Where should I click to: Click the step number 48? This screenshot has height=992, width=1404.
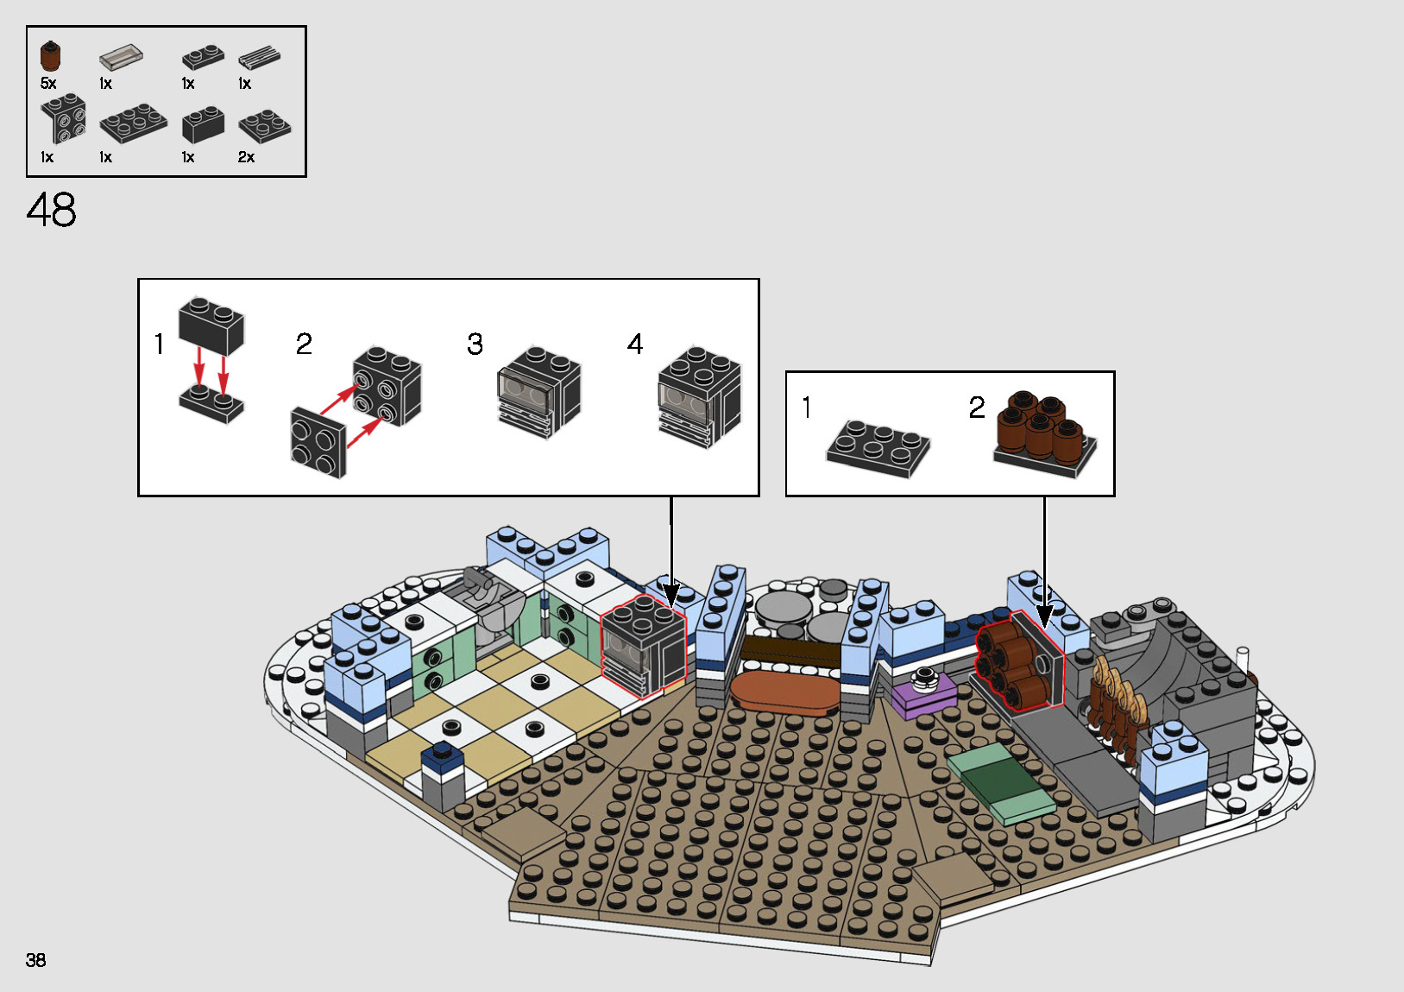52,210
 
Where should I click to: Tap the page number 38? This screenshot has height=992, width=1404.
35,960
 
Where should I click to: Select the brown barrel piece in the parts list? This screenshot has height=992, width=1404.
50,57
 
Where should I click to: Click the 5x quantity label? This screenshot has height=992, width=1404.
48,84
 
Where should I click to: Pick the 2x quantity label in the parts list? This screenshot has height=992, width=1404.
246,157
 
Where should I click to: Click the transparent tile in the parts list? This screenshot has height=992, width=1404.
120,58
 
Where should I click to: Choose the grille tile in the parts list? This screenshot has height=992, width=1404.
259,58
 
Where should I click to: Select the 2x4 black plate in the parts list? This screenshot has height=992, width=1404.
133,123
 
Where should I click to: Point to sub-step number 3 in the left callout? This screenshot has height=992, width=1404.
475,344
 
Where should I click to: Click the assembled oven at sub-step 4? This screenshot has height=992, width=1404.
699,397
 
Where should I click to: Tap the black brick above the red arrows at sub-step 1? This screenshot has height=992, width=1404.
211,325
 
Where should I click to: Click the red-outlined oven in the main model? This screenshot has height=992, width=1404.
643,647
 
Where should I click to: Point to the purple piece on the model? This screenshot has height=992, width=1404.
923,693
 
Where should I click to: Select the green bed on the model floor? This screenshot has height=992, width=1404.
1001,782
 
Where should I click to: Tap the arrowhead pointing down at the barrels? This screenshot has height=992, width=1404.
1044,616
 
